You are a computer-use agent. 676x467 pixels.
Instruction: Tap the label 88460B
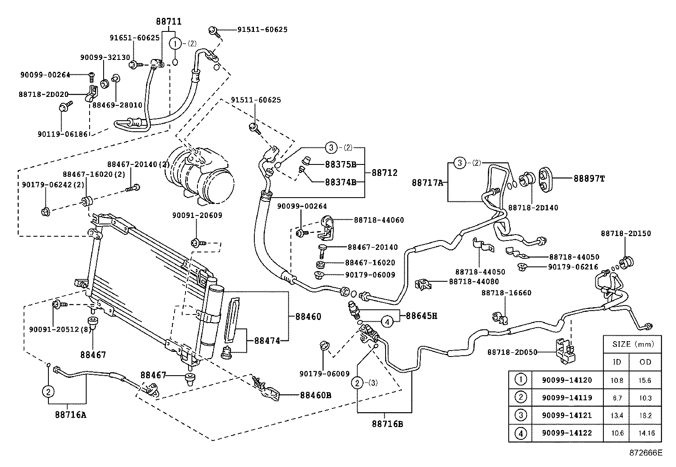(315, 395)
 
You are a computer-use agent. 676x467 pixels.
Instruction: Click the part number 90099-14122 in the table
(566, 433)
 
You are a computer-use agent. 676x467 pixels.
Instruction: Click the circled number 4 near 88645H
(387, 322)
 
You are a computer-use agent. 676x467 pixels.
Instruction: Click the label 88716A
(70, 414)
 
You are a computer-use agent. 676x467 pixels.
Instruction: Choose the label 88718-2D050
(512, 352)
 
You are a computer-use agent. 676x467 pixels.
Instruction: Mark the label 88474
(267, 340)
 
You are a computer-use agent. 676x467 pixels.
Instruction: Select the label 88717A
(427, 183)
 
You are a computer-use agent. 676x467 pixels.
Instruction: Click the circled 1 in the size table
(521, 379)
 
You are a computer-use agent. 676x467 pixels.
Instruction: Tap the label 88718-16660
(506, 293)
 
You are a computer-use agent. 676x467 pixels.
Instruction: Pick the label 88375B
(341, 164)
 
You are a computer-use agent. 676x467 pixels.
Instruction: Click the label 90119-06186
(62, 134)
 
